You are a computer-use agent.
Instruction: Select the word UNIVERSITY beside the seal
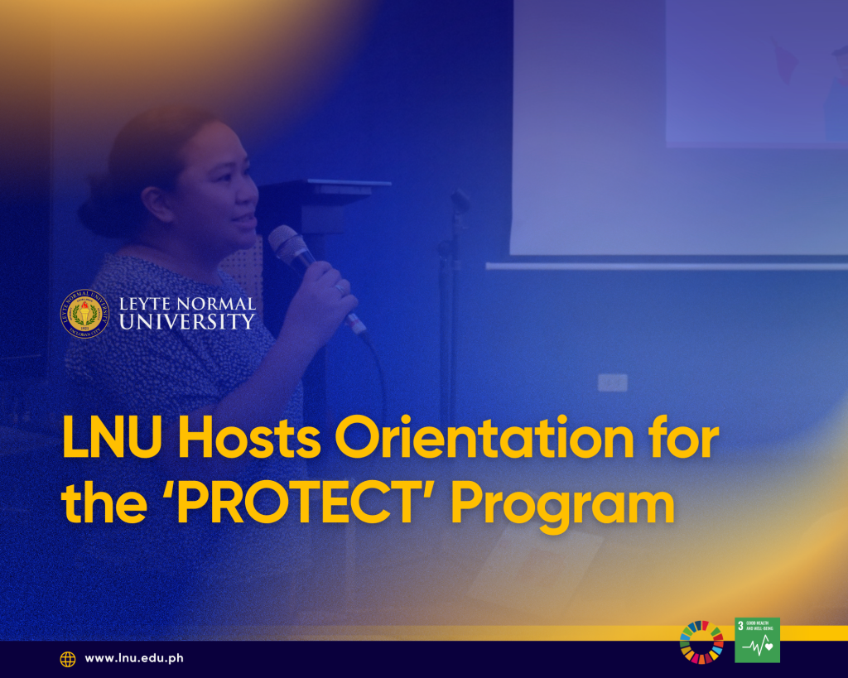click(186, 322)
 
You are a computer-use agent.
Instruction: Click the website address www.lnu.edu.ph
click(134, 658)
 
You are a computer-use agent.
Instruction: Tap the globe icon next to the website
click(68, 659)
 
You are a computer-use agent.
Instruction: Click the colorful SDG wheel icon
click(701, 642)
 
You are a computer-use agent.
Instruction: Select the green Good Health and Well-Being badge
click(757, 640)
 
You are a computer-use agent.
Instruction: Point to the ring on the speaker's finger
click(340, 289)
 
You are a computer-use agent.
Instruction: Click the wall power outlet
click(612, 382)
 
